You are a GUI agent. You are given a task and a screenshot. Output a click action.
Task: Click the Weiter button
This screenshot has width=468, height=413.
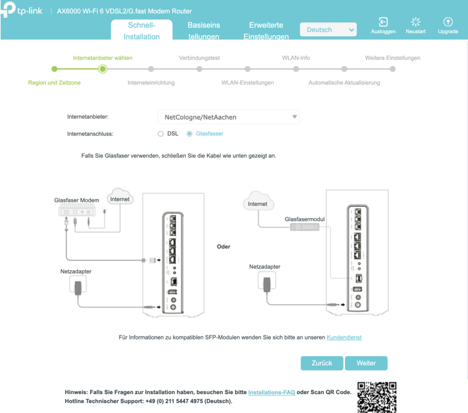coord(366,363)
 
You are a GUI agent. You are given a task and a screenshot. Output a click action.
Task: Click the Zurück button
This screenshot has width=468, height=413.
coord(322,363)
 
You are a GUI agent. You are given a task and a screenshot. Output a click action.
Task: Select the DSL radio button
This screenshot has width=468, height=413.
coord(160,134)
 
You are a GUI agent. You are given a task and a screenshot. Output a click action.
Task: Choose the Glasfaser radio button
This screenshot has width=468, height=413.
coord(189,134)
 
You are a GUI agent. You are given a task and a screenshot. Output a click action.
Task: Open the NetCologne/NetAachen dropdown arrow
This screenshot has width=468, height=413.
coord(295,117)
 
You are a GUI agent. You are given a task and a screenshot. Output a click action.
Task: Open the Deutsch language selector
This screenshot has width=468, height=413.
coord(328,29)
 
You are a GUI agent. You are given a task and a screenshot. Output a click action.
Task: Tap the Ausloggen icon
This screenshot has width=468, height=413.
coord(383,22)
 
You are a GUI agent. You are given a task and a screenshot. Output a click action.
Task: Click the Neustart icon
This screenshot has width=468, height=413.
coord(415,22)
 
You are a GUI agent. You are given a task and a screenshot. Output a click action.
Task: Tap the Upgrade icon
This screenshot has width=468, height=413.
coord(448,22)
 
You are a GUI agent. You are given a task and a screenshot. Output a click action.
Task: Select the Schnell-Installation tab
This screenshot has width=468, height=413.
coord(142,30)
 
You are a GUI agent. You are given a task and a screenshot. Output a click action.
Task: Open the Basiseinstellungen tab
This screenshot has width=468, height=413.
coord(204,31)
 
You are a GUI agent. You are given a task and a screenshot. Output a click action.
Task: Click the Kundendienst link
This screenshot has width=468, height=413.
coord(344,338)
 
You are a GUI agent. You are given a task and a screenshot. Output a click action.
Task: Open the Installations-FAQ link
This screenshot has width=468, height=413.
coord(271,392)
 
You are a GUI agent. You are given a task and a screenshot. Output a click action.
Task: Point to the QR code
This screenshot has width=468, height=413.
coord(377,397)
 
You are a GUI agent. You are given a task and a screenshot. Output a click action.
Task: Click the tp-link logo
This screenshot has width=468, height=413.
coord(21,10)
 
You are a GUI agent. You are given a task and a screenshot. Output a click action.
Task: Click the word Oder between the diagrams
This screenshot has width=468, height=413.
coord(224,247)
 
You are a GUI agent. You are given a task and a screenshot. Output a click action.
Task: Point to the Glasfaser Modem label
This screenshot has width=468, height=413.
coord(77,200)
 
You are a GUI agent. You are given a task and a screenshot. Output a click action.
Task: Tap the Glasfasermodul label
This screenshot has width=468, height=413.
coord(304,219)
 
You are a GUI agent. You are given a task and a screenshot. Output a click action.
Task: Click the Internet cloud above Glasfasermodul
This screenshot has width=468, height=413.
coord(258,201)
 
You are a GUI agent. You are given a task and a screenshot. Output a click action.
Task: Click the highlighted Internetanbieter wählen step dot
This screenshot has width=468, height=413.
coord(102,69)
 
